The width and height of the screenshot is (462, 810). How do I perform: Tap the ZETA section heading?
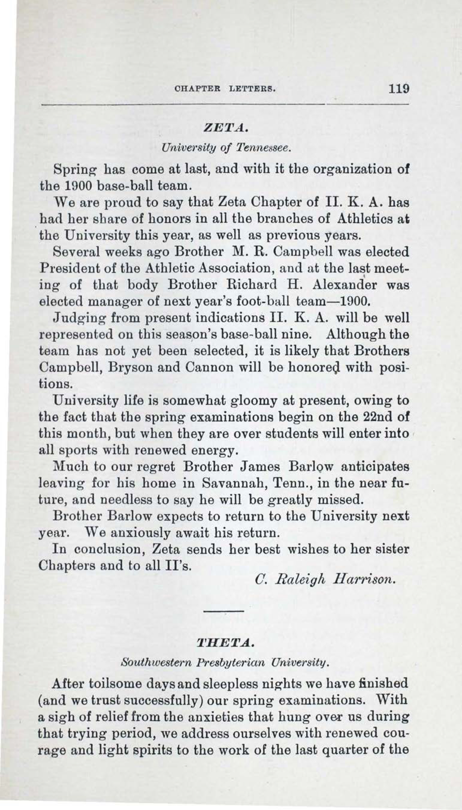click(x=225, y=129)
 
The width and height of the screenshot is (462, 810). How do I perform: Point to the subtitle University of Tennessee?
click(x=225, y=148)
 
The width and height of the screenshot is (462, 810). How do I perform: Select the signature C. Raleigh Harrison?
click(x=325, y=580)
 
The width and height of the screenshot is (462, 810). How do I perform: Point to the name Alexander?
click(x=344, y=284)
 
